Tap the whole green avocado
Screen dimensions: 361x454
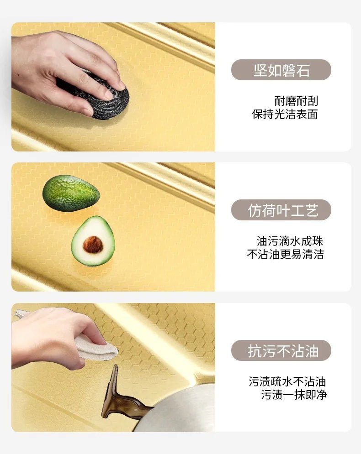71,193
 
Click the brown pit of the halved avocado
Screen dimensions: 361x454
93,245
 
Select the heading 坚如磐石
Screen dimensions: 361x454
281,70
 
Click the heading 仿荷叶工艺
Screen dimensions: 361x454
283,210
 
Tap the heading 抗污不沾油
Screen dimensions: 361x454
283,351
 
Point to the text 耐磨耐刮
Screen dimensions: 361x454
296,101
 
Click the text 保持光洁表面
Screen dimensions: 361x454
285,115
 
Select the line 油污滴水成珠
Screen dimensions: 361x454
290,241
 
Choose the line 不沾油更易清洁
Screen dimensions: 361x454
285,254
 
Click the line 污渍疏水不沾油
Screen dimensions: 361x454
287,381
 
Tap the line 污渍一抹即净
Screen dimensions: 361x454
294,395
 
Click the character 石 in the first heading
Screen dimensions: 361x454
303,70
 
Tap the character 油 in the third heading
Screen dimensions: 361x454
312,351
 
